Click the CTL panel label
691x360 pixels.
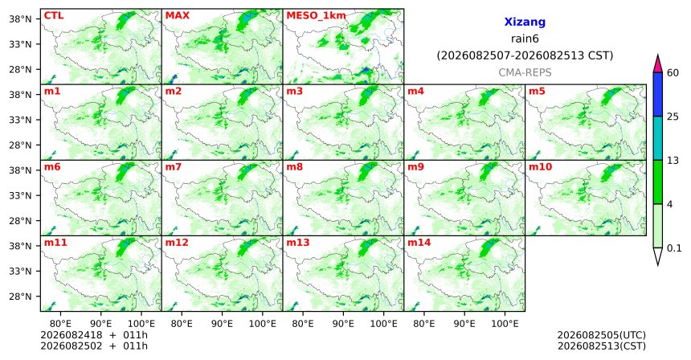54,15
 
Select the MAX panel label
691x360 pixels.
177,15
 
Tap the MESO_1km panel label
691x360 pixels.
316,16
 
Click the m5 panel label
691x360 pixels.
537,92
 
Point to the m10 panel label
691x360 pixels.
540,167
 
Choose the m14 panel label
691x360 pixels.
419,243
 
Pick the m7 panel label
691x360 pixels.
174,167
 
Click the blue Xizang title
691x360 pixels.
525,22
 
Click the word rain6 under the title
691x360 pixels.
525,39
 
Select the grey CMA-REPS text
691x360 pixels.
525,72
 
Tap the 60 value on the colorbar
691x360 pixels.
673,72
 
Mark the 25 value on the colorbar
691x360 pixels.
673,117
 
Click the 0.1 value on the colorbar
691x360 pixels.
674,248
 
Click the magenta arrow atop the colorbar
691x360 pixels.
658,64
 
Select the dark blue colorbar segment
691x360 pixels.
658,94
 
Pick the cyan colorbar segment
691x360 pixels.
658,138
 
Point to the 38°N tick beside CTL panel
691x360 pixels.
20,19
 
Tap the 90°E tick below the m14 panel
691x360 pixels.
464,324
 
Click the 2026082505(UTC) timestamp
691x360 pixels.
602,335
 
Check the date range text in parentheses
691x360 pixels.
525,55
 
